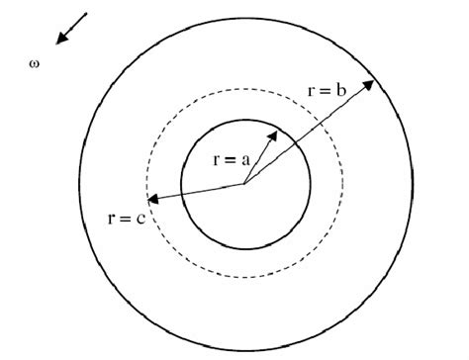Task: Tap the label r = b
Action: (x=327, y=90)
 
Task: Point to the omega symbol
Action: (x=36, y=69)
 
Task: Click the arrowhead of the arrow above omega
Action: (x=60, y=42)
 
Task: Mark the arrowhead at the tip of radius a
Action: (x=275, y=131)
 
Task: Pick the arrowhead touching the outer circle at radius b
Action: (x=371, y=83)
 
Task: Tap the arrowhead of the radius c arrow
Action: (x=152, y=197)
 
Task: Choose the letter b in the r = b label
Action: (x=341, y=90)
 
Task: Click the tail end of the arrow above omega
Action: (x=87, y=14)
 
